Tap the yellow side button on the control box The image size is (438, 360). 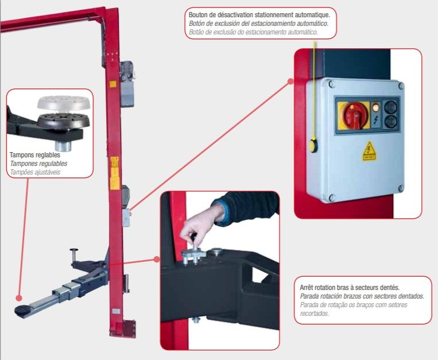[313, 145]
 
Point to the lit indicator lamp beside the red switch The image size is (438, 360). [375, 107]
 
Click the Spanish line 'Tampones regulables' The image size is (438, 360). [38, 164]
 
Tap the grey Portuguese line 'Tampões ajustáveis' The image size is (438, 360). [35, 172]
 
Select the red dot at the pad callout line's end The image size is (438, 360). [19, 299]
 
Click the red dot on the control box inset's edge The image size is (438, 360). [290, 82]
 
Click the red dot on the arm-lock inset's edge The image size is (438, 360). [156, 259]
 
